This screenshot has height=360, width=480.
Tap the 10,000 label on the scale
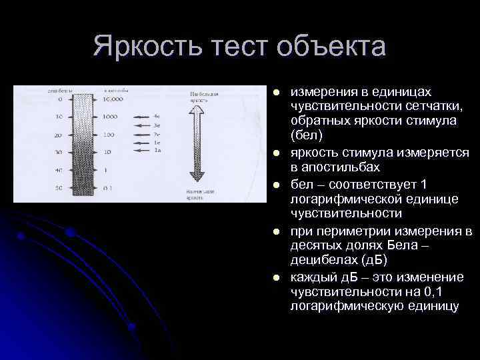[113, 99]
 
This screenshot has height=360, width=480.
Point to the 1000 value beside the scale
[111, 117]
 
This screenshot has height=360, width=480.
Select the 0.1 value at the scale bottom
[107, 188]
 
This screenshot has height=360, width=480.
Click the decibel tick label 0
[60, 99]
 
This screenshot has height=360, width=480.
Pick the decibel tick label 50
[59, 188]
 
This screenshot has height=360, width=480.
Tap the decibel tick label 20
[59, 135]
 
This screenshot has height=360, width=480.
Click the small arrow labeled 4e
[143, 117]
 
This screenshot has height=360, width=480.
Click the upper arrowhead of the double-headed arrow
[197, 113]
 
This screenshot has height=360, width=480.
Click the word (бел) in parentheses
[306, 135]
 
